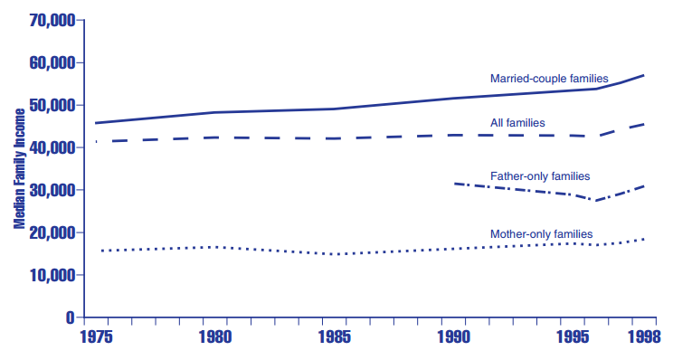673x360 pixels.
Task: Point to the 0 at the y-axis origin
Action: (69, 317)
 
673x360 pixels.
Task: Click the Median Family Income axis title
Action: (18, 168)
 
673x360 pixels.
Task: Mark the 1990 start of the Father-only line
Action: (455, 184)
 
